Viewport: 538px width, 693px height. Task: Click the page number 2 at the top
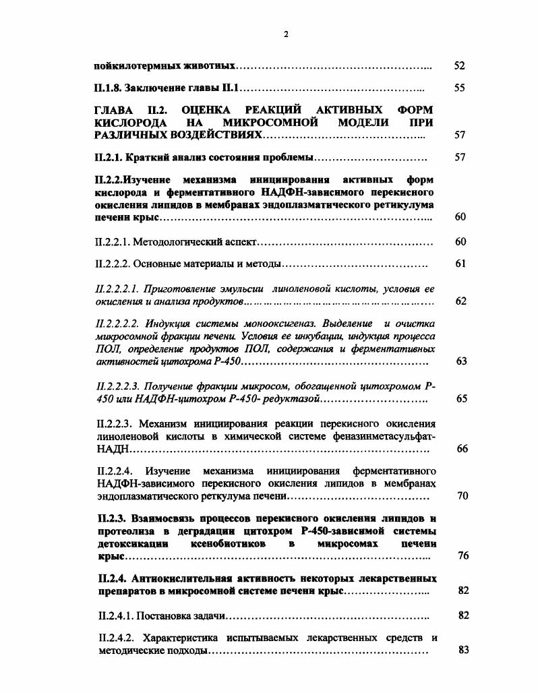(x=286, y=34)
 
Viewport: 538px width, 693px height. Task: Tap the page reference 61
(x=460, y=264)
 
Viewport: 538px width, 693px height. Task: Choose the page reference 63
(x=461, y=361)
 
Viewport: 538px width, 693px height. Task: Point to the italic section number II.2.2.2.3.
(x=118, y=386)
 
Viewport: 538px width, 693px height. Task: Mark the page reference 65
(x=461, y=399)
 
